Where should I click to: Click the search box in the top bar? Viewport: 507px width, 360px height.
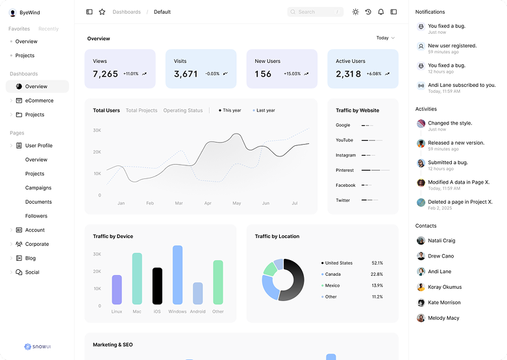tap(315, 12)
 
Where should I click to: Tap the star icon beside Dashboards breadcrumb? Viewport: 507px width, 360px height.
tap(102, 12)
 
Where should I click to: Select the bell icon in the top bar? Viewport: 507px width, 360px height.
tap(381, 12)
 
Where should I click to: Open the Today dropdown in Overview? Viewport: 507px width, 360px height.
tap(385, 38)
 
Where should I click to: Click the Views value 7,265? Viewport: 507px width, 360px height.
tap(105, 74)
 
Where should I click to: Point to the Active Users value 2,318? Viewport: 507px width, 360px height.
tap(348, 74)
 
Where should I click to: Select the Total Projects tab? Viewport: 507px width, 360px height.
tap(142, 110)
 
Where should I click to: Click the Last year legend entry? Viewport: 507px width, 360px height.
tap(265, 110)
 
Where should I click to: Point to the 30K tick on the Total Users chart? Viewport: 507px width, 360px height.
tap(97, 130)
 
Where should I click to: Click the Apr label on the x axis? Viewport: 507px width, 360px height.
tap(208, 203)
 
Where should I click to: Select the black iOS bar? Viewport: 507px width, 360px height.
tap(157, 285)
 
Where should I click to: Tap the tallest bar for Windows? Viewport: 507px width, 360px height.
tap(177, 274)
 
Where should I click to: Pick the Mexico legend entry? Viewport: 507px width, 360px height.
tap(332, 285)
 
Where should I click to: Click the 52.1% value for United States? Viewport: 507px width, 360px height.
tap(377, 263)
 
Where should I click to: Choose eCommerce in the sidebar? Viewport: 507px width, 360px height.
tap(39, 101)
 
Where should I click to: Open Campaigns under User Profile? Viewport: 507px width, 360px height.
tap(38, 187)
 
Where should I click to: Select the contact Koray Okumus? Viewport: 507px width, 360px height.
tap(444, 287)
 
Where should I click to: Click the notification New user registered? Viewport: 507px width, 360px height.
tap(452, 46)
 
